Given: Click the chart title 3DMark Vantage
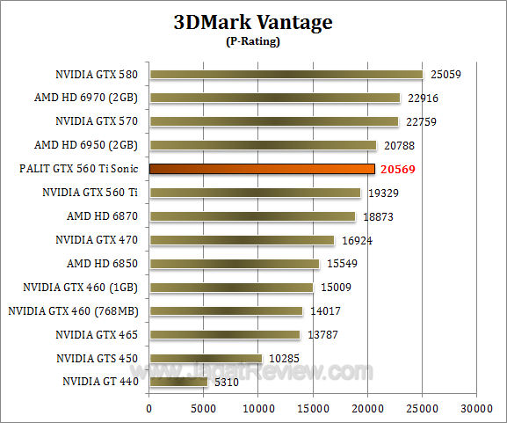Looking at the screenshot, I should point(253,22).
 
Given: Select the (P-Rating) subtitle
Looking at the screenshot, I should point(253,41).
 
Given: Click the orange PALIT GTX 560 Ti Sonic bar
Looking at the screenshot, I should point(262,168).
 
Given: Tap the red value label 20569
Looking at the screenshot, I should point(401,168).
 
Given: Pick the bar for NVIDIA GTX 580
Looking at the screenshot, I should point(286,74).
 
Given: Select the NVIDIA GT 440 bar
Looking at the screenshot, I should point(178,382).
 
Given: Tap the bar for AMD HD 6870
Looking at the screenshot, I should point(252,215).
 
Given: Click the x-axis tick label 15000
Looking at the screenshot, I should point(313,408).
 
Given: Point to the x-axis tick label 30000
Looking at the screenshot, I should point(476,408).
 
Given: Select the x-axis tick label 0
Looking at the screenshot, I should point(149,408).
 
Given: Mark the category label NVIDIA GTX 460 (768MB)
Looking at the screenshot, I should point(76,310).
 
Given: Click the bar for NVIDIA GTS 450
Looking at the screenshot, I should point(206,358).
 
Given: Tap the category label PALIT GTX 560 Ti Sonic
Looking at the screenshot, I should point(86,168).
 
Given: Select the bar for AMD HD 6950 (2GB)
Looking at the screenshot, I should point(263,145).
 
